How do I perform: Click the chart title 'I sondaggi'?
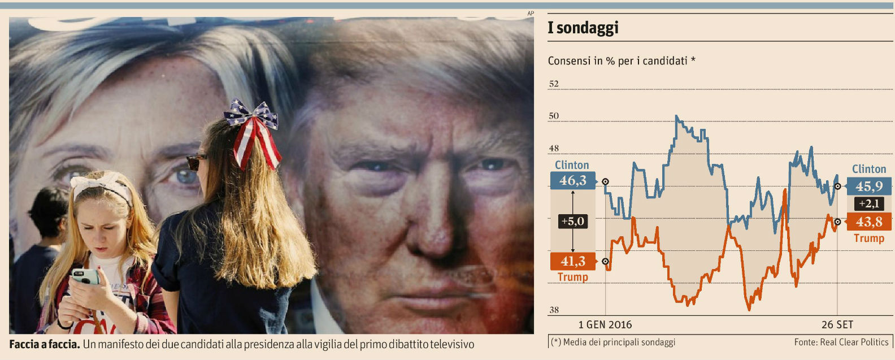(583, 28)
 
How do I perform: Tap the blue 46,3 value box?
(572, 180)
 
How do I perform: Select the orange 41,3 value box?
(572, 261)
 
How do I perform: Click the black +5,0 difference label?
(572, 221)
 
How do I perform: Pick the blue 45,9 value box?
(869, 186)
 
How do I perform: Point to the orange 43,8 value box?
(869, 222)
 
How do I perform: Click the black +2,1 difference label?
(869, 203)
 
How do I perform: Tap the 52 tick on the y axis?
(554, 84)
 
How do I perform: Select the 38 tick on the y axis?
(554, 310)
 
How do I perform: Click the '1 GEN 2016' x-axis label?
(605, 325)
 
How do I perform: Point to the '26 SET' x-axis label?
(837, 325)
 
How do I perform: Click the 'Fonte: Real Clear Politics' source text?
(841, 342)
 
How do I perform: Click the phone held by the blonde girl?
(85, 276)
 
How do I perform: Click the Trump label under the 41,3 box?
(572, 277)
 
